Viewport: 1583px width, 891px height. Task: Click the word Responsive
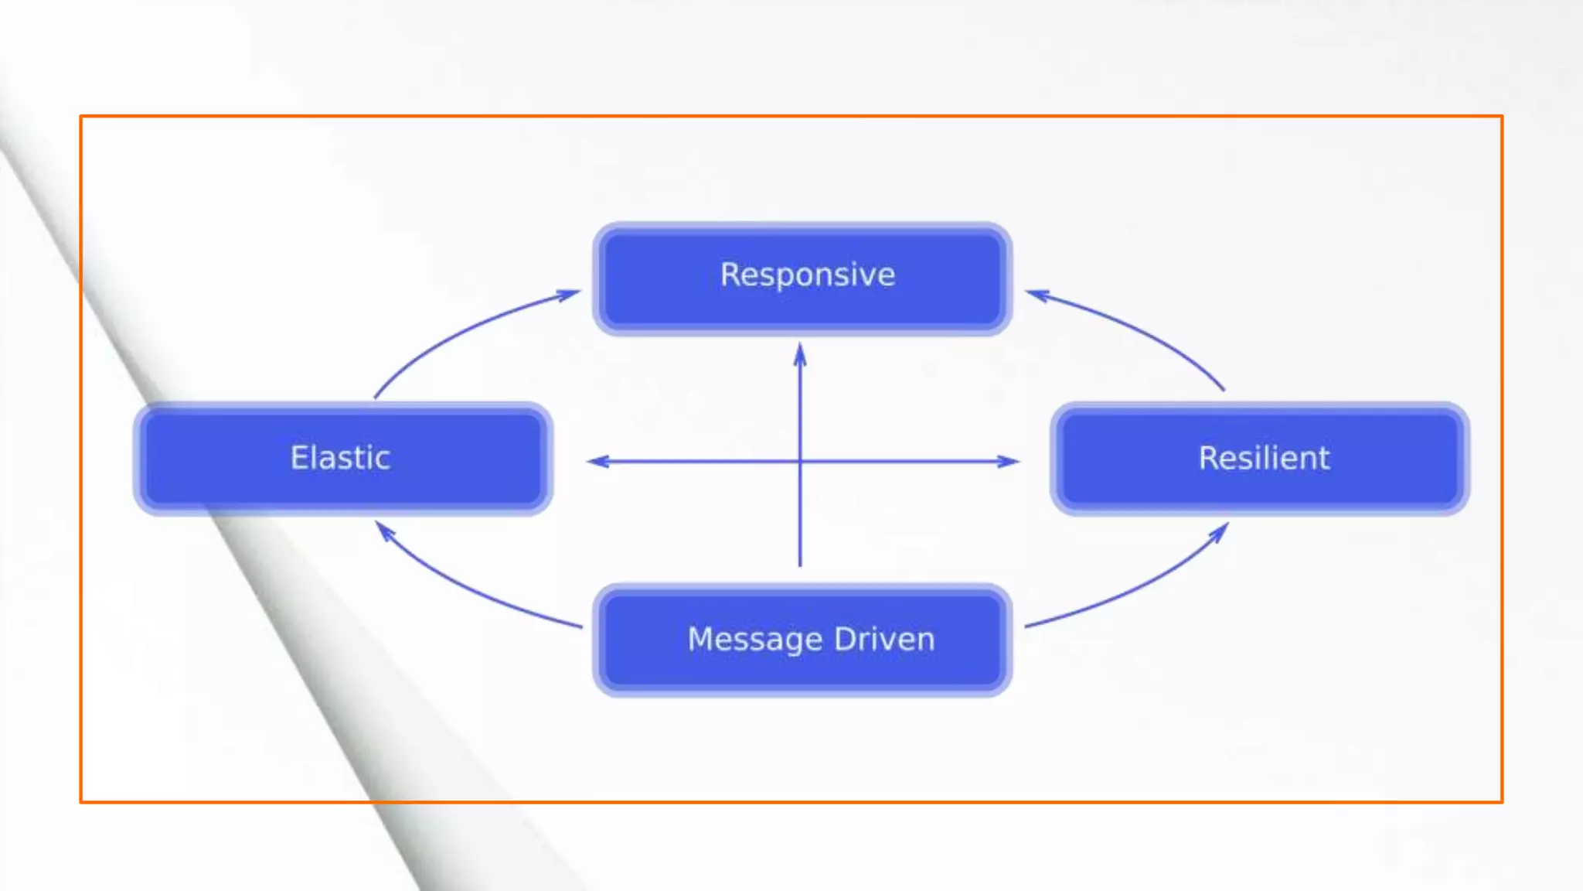click(808, 275)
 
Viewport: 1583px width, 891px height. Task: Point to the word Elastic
click(340, 458)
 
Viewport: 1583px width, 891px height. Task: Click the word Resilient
click(1265, 458)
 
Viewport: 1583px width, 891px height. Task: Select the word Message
click(755, 640)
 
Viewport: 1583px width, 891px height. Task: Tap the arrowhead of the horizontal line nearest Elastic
click(597, 462)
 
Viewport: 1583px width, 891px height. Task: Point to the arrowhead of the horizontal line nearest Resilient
click(1009, 462)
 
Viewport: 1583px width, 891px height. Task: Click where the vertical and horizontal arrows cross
click(800, 462)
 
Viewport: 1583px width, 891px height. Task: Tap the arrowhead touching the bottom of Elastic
click(384, 531)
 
